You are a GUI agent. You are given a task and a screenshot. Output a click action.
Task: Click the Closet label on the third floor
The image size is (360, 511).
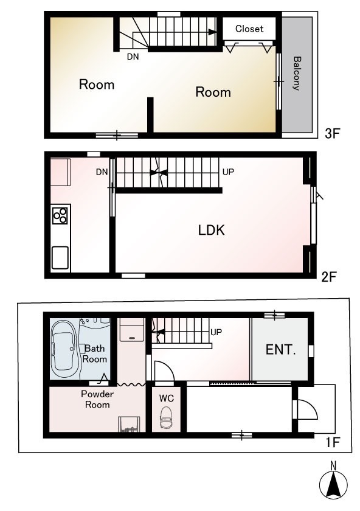point(249,29)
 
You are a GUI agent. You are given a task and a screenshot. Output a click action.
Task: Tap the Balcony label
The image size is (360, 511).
point(297,74)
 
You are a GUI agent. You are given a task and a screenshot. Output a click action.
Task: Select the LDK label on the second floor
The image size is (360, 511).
point(212,231)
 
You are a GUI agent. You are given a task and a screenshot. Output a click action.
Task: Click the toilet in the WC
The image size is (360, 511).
point(167,417)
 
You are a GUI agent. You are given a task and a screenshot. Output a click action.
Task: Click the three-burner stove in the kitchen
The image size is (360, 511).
point(60,215)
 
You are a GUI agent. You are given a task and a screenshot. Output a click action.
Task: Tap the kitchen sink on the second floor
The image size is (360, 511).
point(60,258)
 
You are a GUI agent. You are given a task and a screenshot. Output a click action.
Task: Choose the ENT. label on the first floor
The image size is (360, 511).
point(280,350)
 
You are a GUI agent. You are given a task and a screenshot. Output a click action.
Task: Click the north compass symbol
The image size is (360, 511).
point(333,483)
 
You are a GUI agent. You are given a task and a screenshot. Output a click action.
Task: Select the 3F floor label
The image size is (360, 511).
point(332,133)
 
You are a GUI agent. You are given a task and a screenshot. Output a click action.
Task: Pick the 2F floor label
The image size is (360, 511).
point(328,277)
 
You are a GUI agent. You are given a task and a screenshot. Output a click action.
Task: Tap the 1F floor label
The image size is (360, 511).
point(333,442)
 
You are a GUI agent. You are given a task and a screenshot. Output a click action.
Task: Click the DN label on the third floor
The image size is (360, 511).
point(133,57)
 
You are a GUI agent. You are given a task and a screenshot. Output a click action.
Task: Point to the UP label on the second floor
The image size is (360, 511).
point(228,172)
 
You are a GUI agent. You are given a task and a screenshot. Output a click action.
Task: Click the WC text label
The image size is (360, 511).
point(167,398)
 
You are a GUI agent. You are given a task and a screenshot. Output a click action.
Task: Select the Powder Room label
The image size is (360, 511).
point(97,399)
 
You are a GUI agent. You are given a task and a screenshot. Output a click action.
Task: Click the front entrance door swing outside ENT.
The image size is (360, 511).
point(306,409)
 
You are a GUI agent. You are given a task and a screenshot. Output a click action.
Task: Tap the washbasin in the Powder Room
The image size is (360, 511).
point(129,424)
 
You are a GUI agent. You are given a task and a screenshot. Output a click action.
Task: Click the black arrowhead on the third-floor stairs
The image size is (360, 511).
point(212,32)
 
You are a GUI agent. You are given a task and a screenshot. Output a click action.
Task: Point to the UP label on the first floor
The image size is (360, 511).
point(216,332)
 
